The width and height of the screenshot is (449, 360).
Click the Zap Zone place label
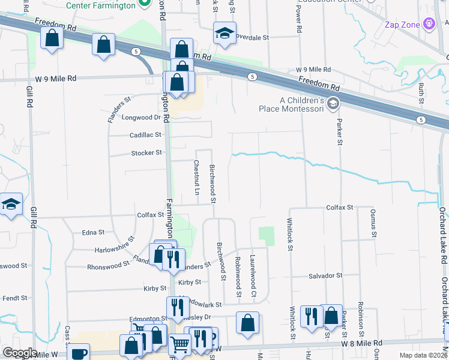[402, 25]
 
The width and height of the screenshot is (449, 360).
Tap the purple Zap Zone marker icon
[429, 25]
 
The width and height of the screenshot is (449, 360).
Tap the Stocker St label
[146, 153]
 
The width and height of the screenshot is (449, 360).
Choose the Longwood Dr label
[142, 118]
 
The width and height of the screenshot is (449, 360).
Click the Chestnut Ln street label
[196, 178]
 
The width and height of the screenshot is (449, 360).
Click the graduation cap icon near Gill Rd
[10, 205]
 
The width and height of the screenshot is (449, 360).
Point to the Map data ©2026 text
[423, 355]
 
